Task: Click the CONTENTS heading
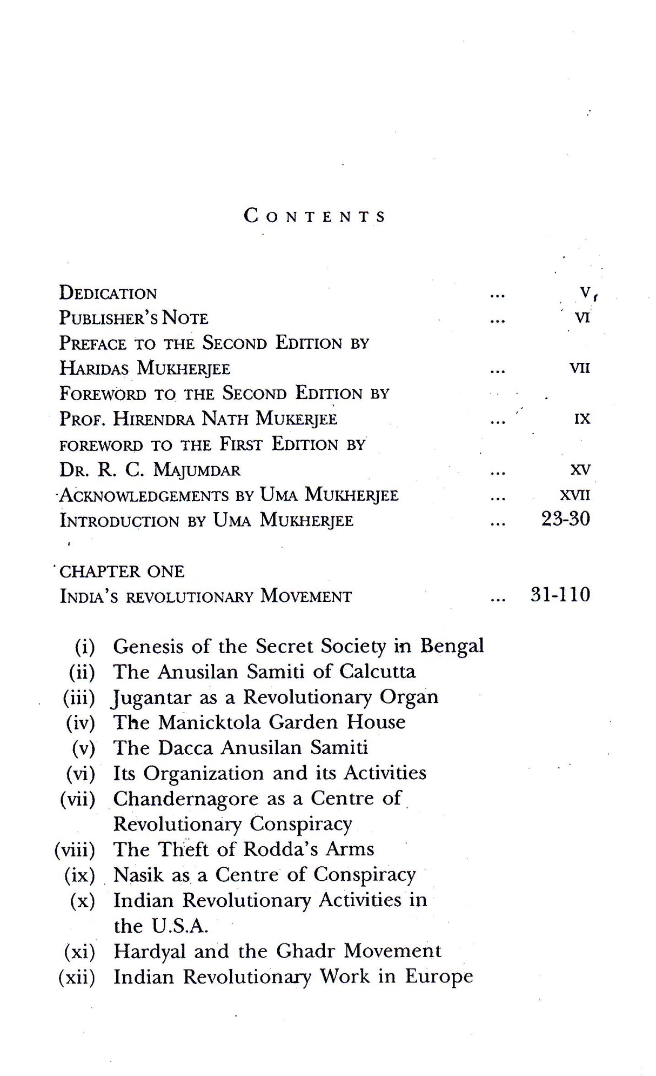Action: tap(314, 216)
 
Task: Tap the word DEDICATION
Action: tap(108, 293)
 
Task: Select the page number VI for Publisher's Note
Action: tap(582, 318)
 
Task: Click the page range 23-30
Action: tap(565, 520)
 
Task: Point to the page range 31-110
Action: tap(560, 595)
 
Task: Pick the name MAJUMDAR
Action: tap(197, 470)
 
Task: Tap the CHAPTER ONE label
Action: tap(122, 572)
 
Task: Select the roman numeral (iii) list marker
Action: tap(79, 698)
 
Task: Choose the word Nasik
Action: tap(138, 874)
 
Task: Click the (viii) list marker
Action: tap(75, 849)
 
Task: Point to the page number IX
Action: tap(582, 419)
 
